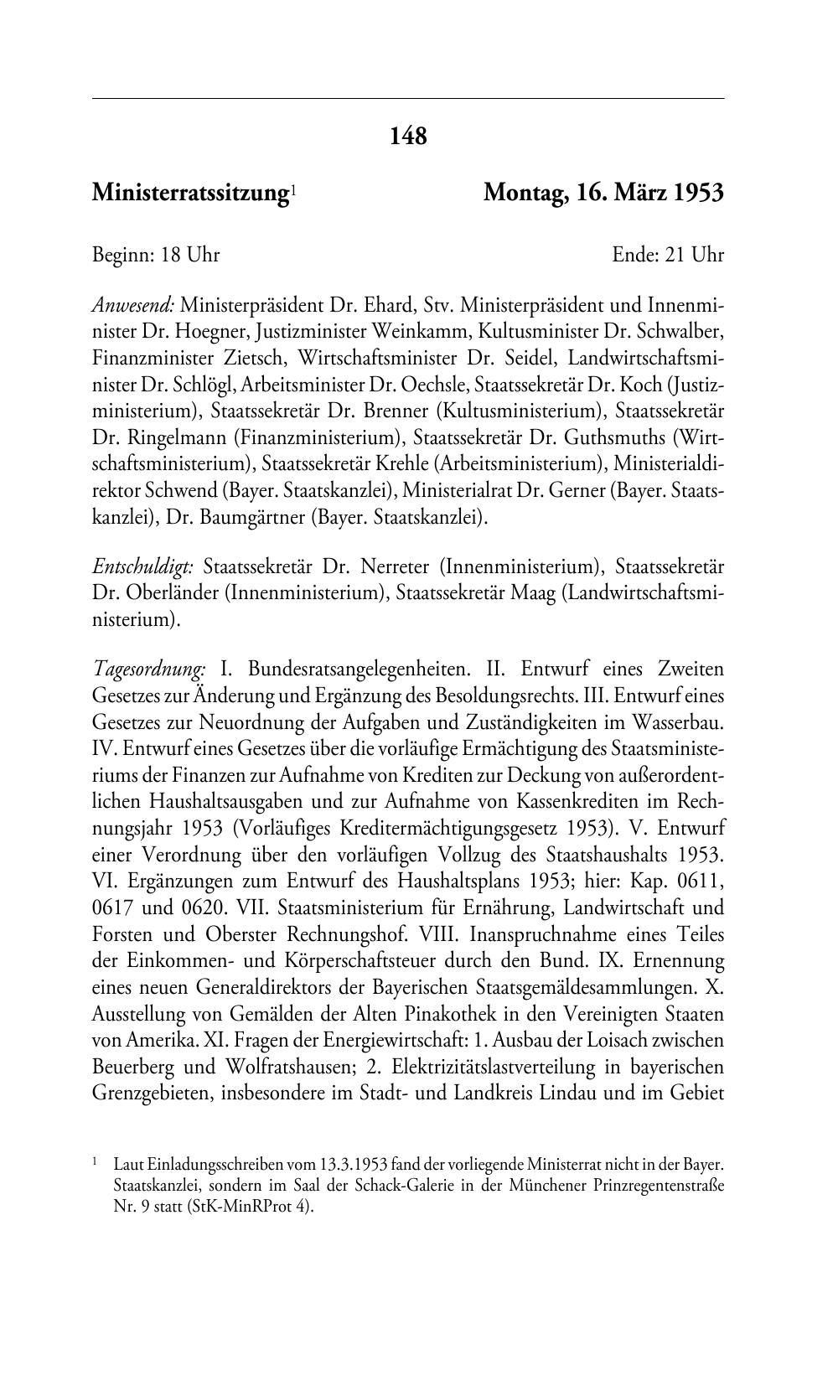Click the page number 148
click(408, 136)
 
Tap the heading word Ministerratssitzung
click(190, 194)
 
